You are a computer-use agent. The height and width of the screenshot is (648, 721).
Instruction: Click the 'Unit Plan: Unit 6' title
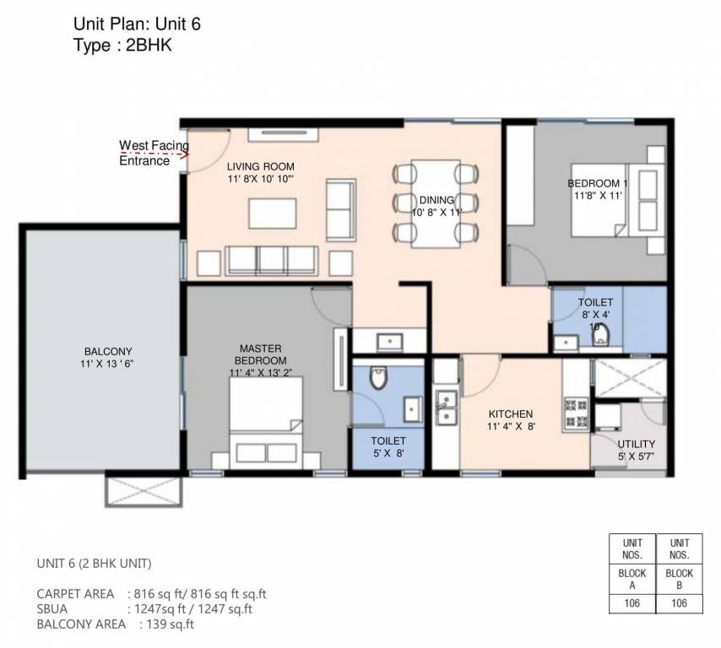137,25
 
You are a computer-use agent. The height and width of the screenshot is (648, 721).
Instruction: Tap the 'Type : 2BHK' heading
123,46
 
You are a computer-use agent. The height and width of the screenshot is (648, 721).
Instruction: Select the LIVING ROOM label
260,167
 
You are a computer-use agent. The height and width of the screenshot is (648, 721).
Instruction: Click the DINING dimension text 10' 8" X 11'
436,213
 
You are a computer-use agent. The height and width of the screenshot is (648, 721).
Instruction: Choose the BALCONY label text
108,352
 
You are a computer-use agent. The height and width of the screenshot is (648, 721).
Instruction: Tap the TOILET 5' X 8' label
388,447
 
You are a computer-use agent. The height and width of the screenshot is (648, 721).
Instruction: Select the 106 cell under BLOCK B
679,602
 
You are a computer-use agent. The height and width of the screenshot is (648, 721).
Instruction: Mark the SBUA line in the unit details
144,608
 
